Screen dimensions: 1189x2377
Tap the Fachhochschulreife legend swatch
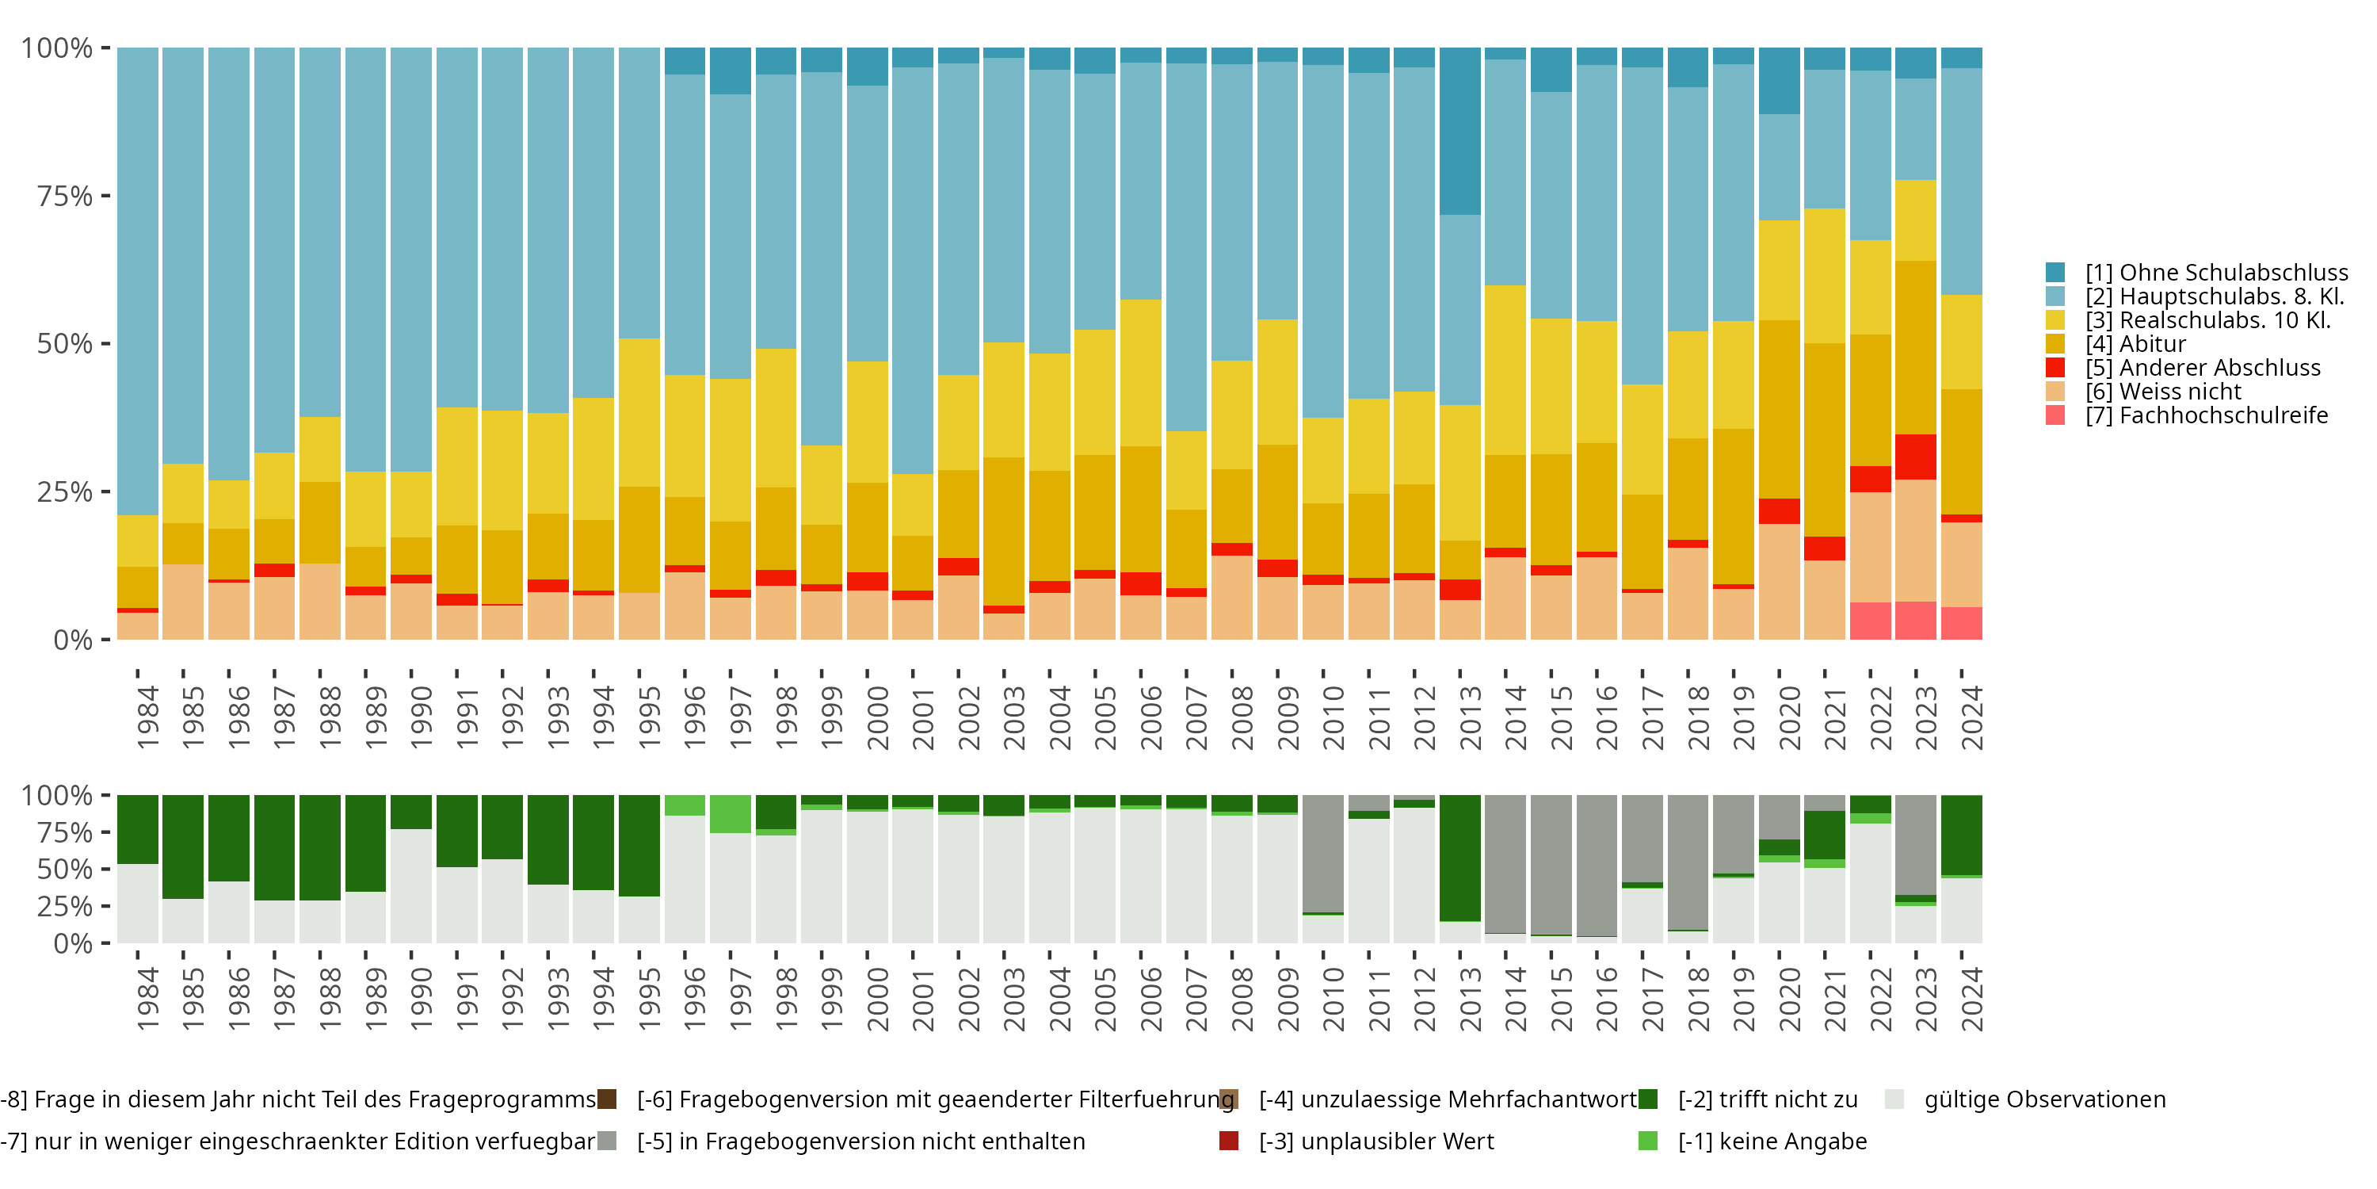pos(2055,415)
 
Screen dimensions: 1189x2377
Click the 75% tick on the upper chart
pos(65,196)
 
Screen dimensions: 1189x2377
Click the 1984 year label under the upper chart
pos(147,717)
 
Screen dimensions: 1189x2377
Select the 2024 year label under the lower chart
pos(1971,999)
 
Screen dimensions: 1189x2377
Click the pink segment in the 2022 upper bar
pos(1871,621)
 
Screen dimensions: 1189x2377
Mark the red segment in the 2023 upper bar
pos(1916,456)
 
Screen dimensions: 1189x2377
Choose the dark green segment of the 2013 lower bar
pos(1459,858)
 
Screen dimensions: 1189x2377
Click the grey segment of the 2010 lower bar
pos(1323,853)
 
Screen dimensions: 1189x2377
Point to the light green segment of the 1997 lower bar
pos(730,813)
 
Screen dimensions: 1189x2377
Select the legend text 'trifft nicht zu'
pos(1767,1099)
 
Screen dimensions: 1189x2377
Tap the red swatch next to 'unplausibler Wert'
pos(1229,1141)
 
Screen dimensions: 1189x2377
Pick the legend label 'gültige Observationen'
pos(2044,1099)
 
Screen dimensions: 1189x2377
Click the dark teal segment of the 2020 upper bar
pos(1779,81)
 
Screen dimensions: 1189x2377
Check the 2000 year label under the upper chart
pos(878,717)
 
